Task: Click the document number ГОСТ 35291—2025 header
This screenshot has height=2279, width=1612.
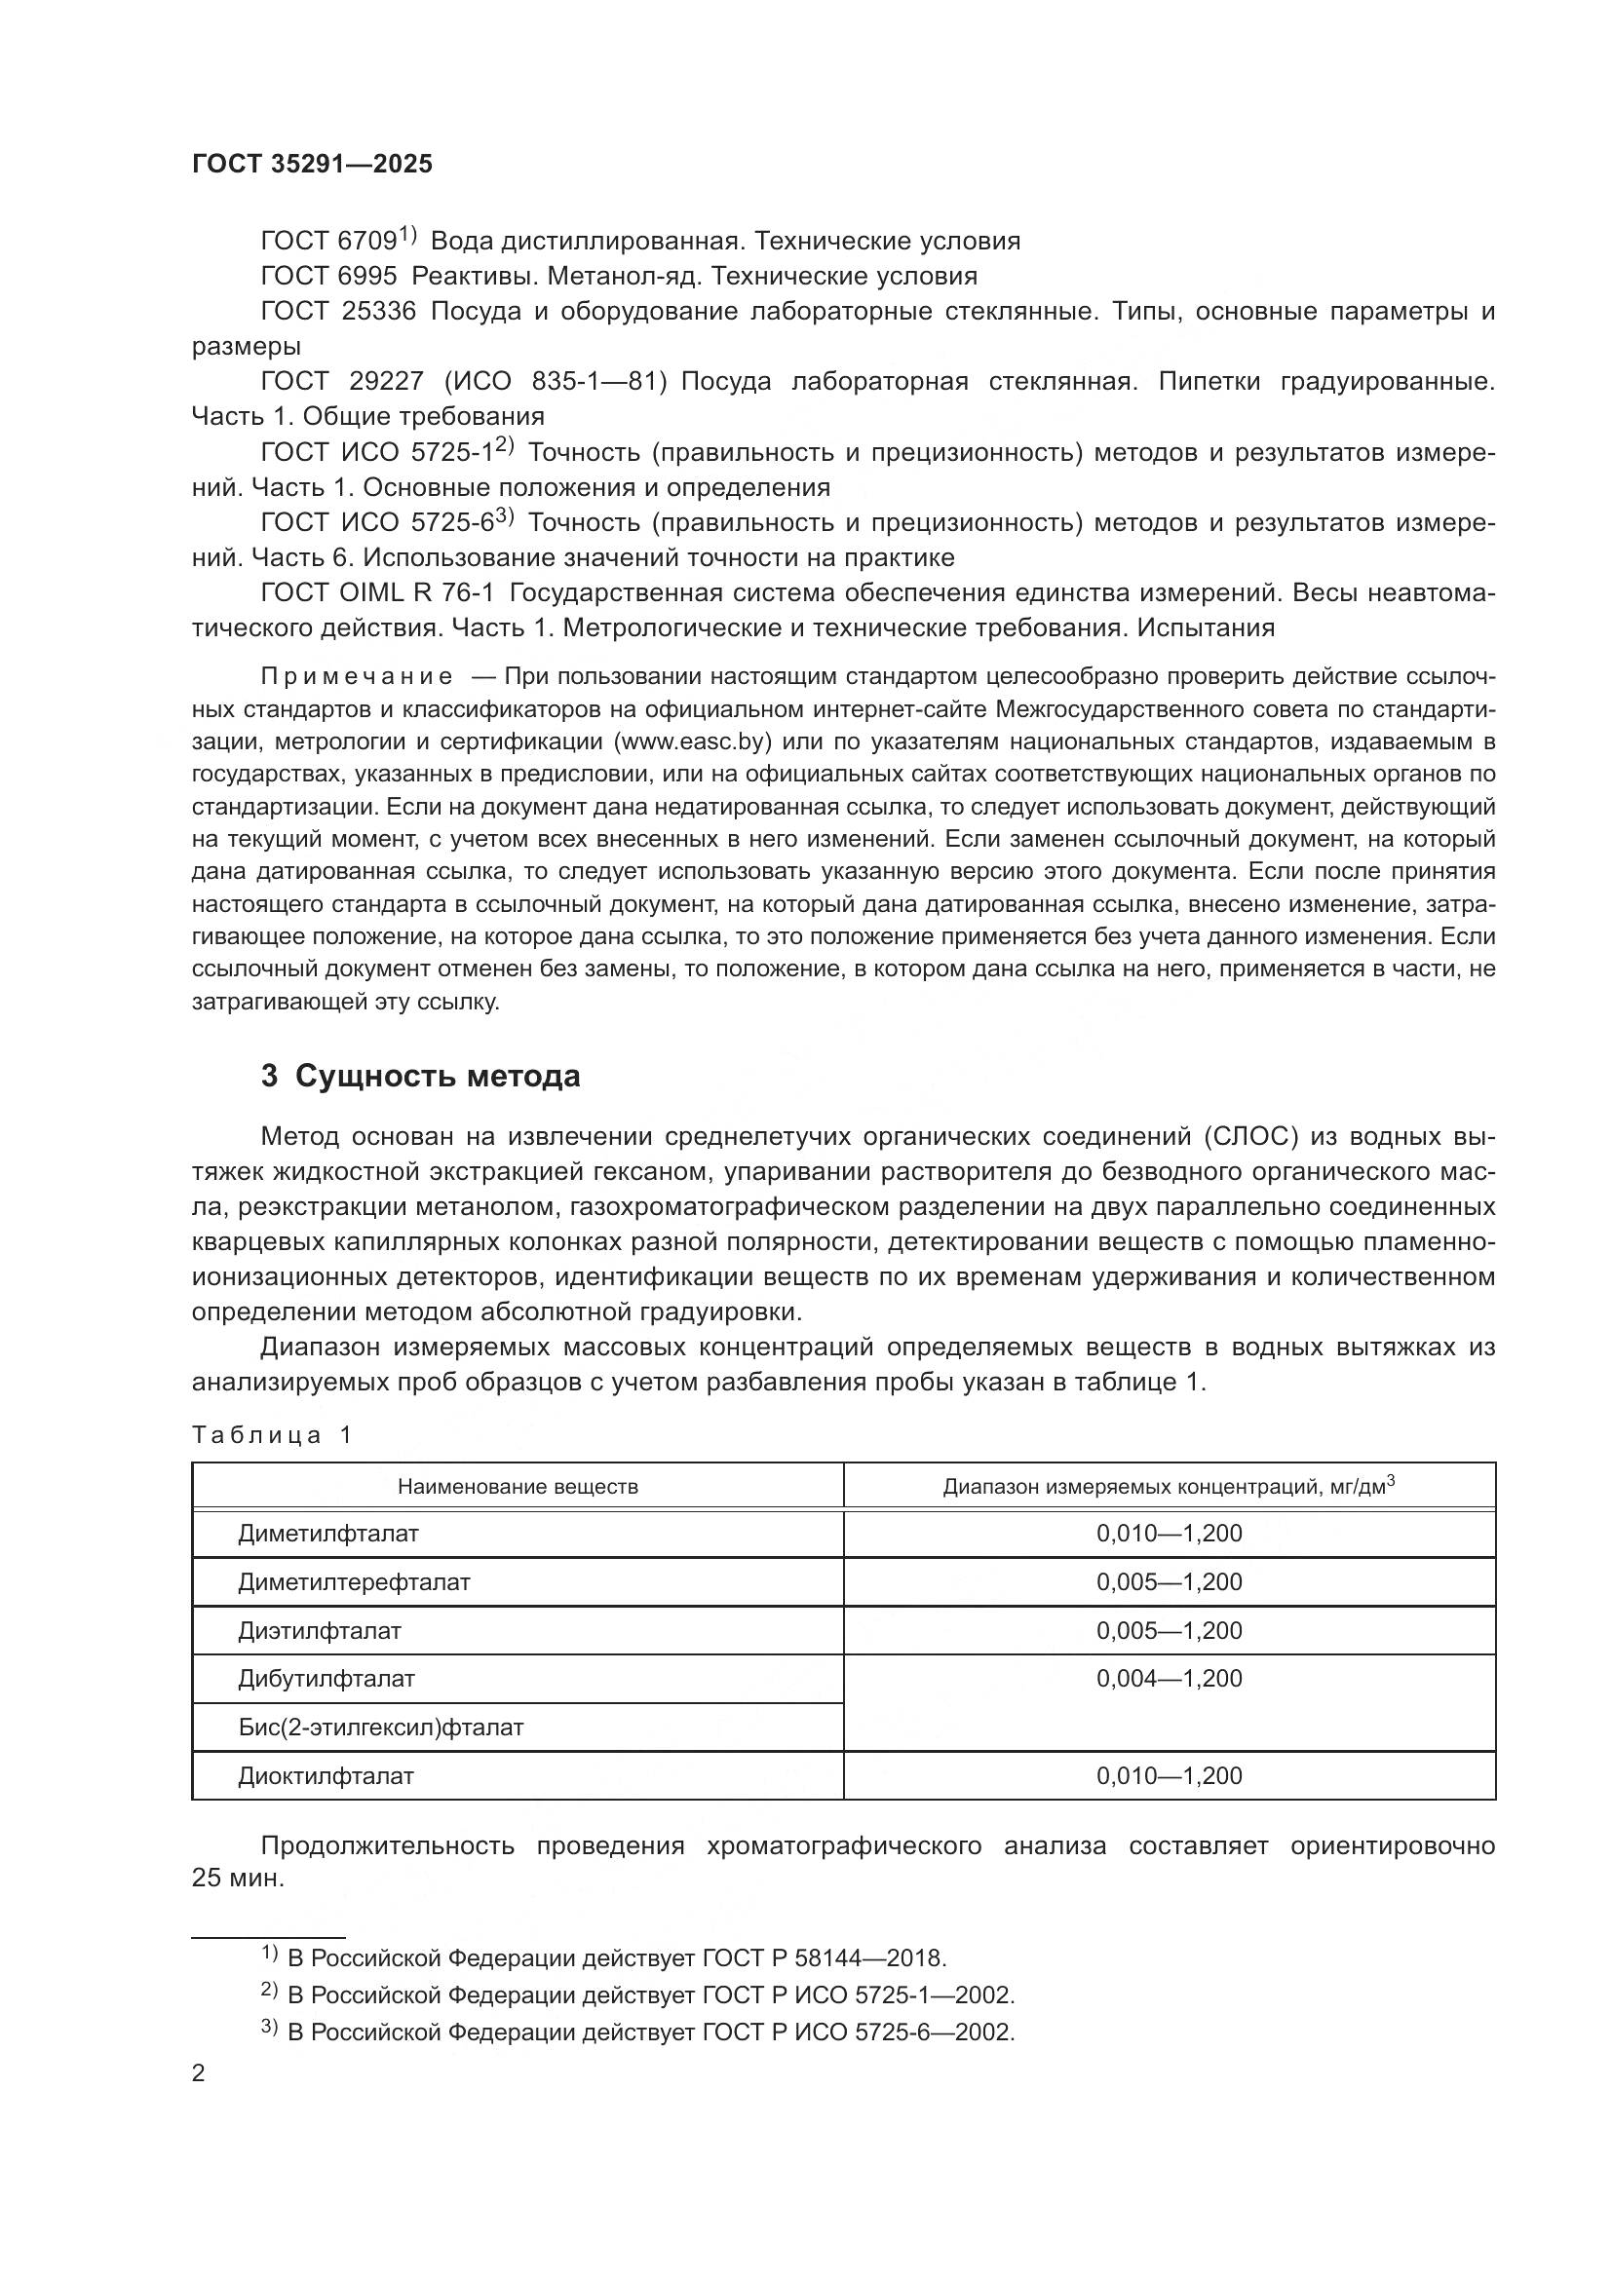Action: pos(312,164)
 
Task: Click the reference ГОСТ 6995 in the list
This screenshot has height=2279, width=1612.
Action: pos(328,276)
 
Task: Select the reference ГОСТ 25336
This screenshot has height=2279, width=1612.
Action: pos(337,312)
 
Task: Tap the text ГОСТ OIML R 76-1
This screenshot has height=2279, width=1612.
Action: pos(376,592)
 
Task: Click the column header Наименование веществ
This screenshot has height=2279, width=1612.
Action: pos(518,1487)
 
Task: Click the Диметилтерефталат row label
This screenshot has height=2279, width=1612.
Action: pos(354,1582)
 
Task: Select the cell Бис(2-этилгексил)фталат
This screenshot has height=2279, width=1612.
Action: pos(380,1728)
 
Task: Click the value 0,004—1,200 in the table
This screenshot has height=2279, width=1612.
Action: pos(1169,1679)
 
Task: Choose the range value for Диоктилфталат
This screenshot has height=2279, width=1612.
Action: pos(1169,1776)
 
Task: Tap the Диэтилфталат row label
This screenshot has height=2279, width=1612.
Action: pos(320,1631)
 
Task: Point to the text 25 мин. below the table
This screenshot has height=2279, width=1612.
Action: pos(237,1878)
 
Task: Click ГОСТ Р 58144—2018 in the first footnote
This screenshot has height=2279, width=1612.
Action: pos(824,1958)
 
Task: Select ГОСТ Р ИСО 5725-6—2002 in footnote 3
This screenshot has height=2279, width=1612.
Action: pos(858,2032)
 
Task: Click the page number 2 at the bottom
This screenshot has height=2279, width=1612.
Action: pos(199,2073)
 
